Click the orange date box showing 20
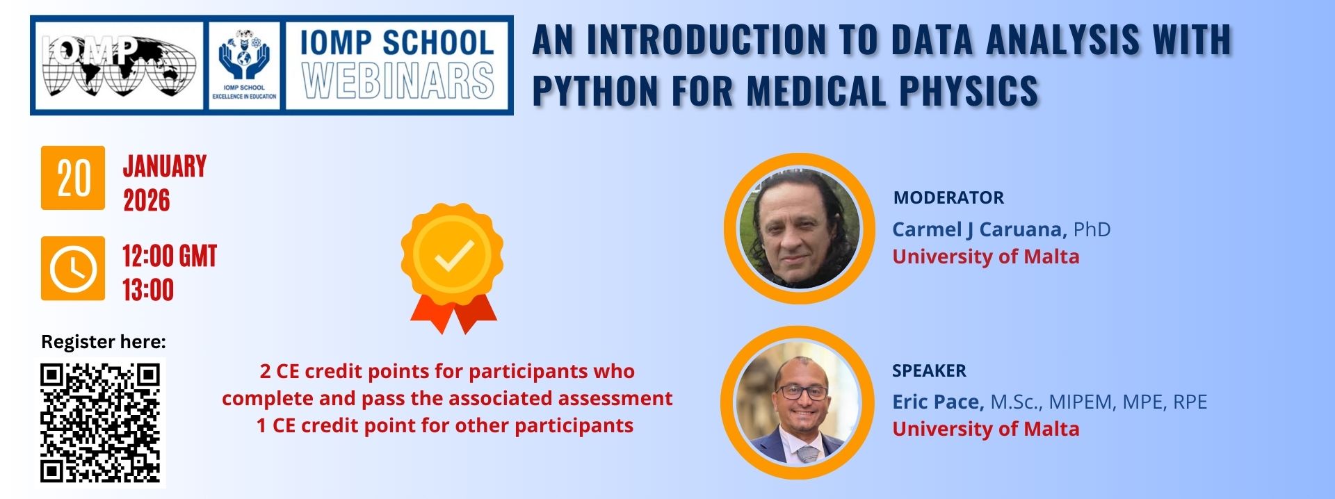[73, 178]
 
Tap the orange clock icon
[73, 268]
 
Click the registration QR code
[100, 423]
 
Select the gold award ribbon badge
[453, 268]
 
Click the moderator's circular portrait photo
[799, 229]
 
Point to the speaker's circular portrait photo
[798, 402]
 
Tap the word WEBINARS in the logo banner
[398, 81]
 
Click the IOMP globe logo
[118, 66]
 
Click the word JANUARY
[165, 167]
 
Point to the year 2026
[147, 201]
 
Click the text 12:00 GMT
[170, 256]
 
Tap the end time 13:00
[148, 290]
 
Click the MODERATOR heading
[948, 198]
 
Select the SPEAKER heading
[929, 371]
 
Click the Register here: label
[104, 342]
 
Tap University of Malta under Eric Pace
[986, 429]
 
